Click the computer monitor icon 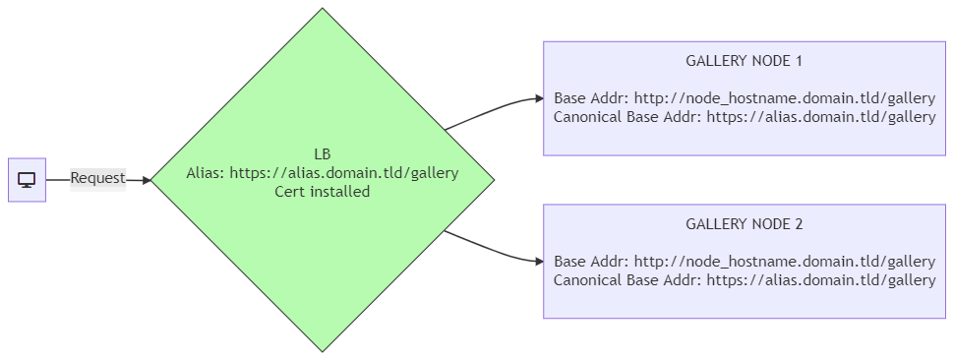pyautogui.click(x=27, y=180)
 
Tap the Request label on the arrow pyautogui.click(x=98, y=179)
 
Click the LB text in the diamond pyautogui.click(x=323, y=153)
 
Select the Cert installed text pyautogui.click(x=323, y=192)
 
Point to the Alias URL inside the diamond pyautogui.click(x=344, y=173)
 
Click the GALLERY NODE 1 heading pyautogui.click(x=745, y=61)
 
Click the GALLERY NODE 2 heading pyautogui.click(x=745, y=224)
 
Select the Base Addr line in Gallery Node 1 pyautogui.click(x=745, y=98)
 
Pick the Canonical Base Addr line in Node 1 pyautogui.click(x=745, y=117)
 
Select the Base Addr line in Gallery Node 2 pyautogui.click(x=745, y=262)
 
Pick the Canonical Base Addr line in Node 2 pyautogui.click(x=745, y=280)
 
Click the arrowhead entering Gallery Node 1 pyautogui.click(x=539, y=98)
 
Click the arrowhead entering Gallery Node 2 pyautogui.click(x=539, y=262)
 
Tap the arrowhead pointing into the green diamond pyautogui.click(x=146, y=180)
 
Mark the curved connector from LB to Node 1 pyautogui.click(x=493, y=109)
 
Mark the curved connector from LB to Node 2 pyautogui.click(x=493, y=251)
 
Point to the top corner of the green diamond pyautogui.click(x=323, y=8)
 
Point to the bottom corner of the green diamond pyautogui.click(x=323, y=351)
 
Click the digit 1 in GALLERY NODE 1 pyautogui.click(x=799, y=61)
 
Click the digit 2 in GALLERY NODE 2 pyautogui.click(x=799, y=224)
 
